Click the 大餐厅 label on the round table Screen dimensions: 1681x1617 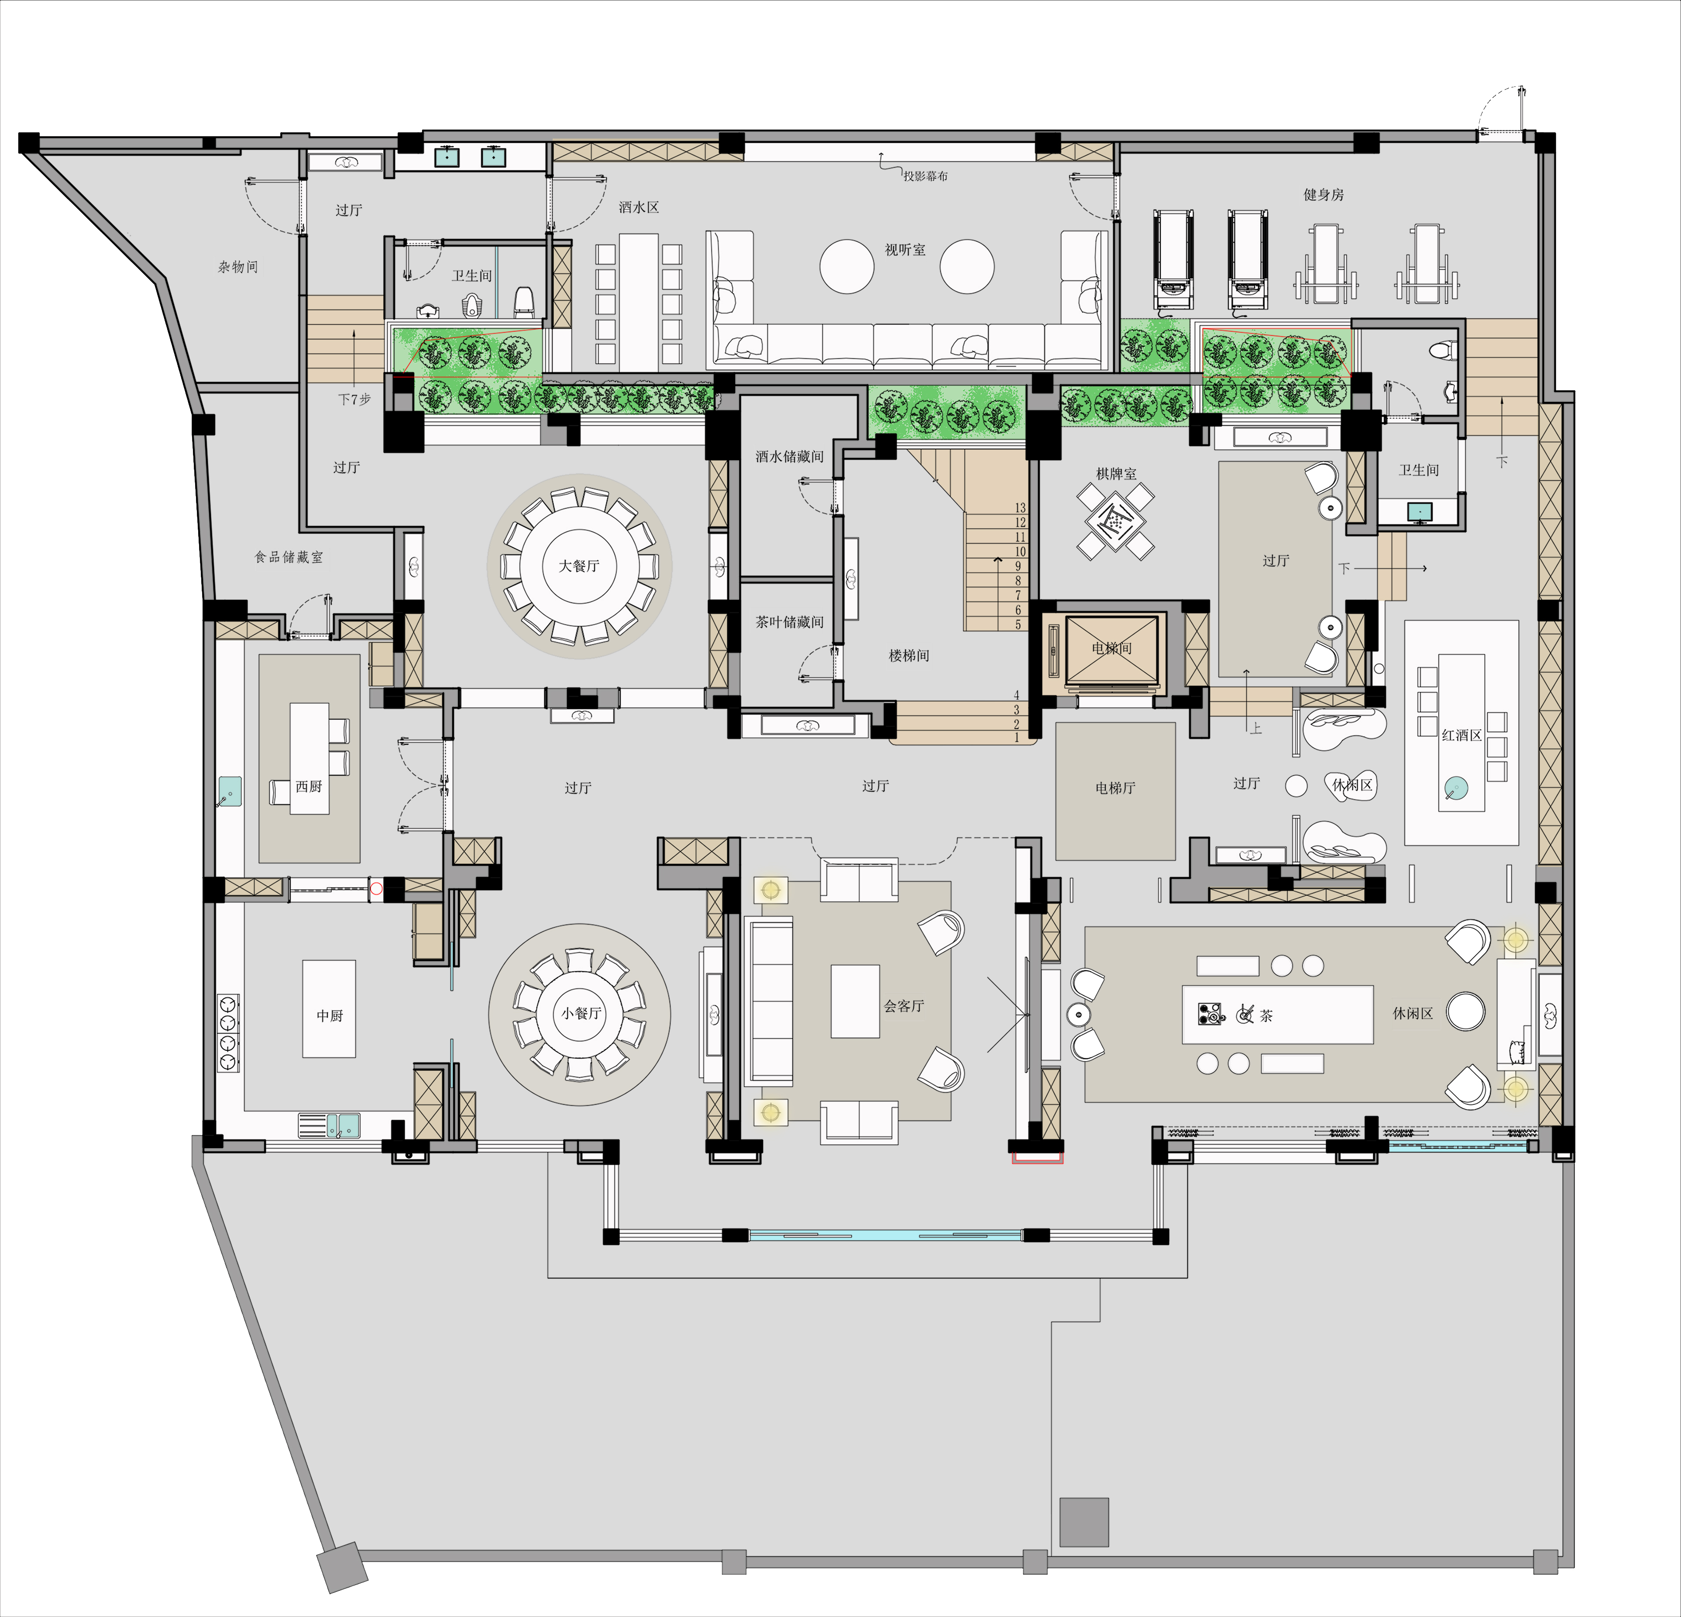pos(579,566)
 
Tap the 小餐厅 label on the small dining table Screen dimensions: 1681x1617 pos(581,1013)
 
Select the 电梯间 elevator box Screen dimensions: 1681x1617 pos(1111,649)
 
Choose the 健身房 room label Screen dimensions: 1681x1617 pos(1323,195)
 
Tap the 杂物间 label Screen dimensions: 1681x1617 pos(237,267)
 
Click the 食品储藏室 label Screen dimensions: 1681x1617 pos(289,557)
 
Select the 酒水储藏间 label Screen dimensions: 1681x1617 pos(789,456)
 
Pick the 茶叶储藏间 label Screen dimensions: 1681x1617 pos(789,622)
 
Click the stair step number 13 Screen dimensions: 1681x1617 pos(1020,508)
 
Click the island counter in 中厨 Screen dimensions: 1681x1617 pos(329,1009)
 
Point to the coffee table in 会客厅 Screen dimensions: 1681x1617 pos(855,1001)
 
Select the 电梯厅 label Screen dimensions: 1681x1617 pos(1115,788)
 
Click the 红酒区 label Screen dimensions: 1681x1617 pos(1461,735)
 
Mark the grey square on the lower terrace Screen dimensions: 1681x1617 pos(1084,1522)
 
